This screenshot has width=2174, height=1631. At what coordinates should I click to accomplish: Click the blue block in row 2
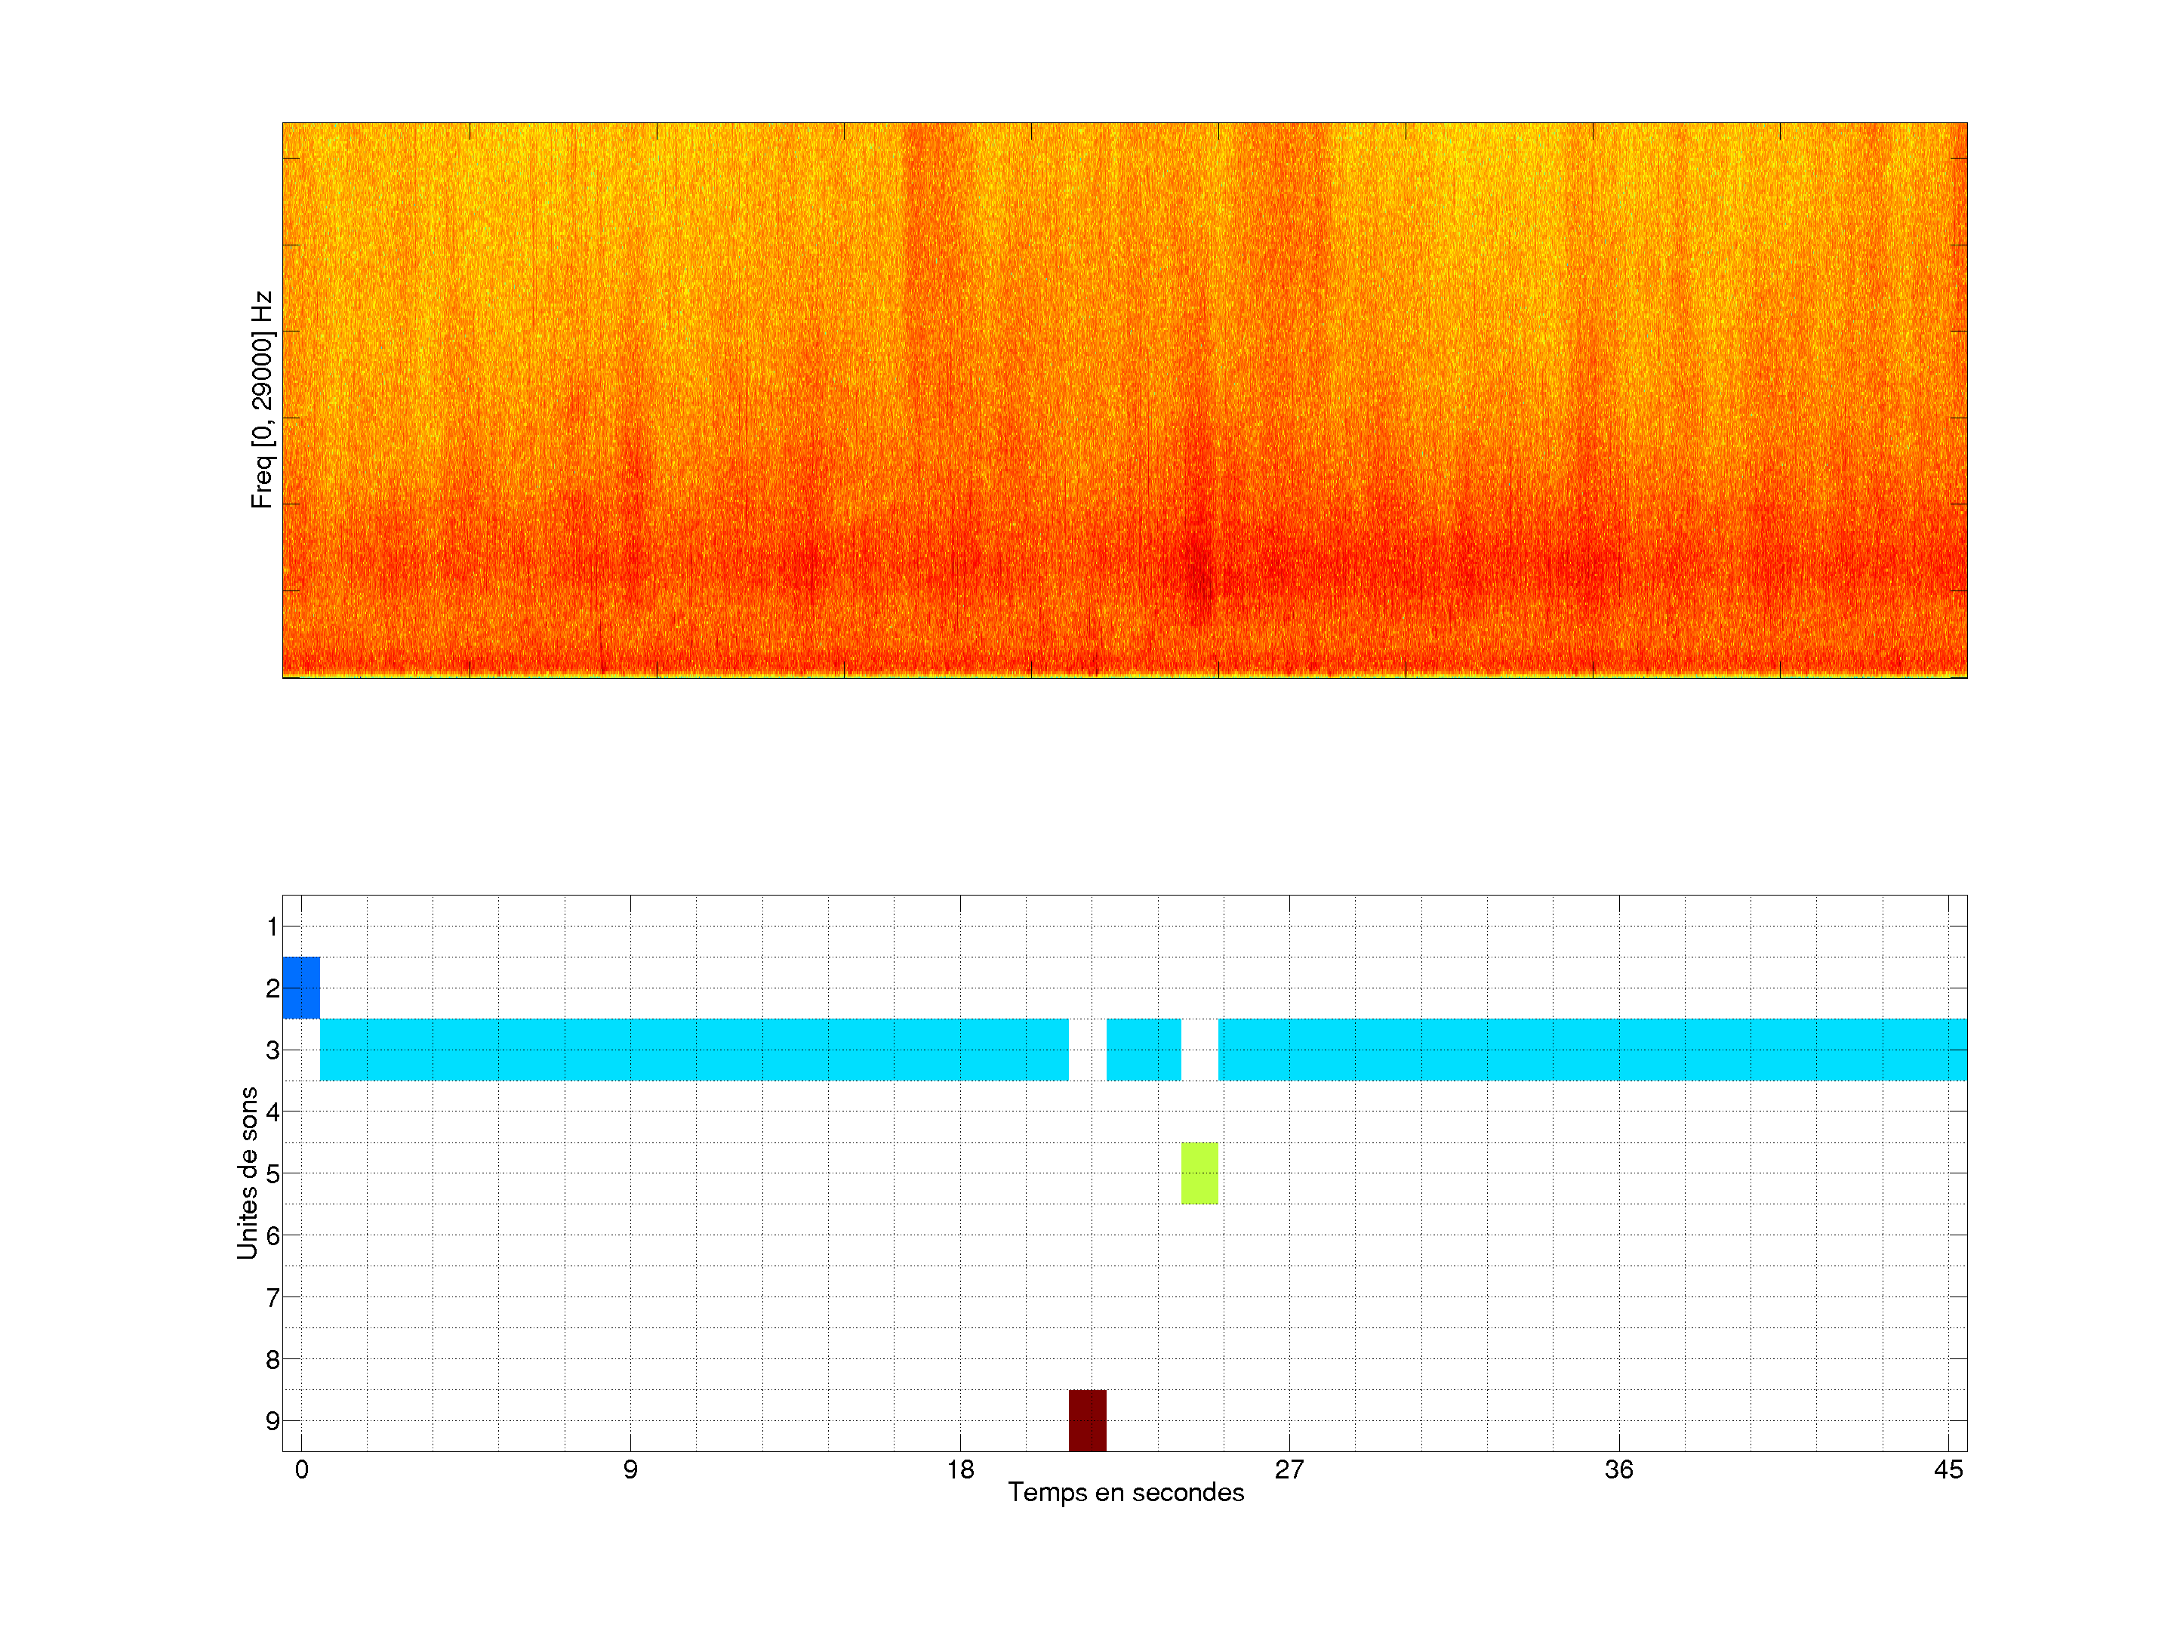tap(300, 987)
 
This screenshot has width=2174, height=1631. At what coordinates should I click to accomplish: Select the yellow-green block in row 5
tap(1199, 1173)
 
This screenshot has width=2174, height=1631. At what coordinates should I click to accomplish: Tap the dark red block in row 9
tap(1087, 1420)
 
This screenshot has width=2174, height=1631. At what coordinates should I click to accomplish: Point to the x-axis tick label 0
tap(302, 1469)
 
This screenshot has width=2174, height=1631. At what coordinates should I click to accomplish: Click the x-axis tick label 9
tap(630, 1469)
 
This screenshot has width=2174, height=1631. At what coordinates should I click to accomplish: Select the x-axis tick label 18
tap(960, 1469)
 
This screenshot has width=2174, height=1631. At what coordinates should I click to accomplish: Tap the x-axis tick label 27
tap(1289, 1469)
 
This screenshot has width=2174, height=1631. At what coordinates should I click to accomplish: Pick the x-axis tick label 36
tap(1618, 1469)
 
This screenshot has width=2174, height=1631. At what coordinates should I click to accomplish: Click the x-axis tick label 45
tap(1948, 1469)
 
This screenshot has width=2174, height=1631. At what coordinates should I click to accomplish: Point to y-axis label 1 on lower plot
tap(273, 926)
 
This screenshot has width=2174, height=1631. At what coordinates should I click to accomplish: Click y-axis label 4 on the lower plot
tap(273, 1112)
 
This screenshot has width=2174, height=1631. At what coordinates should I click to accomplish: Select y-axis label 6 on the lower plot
tap(273, 1235)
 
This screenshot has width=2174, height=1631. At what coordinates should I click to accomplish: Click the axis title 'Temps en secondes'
tap(1125, 1492)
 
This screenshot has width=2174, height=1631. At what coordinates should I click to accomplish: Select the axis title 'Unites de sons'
tap(247, 1172)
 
